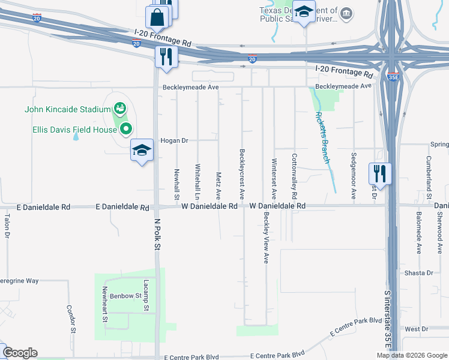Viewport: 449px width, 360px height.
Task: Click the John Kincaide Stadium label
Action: coord(67,109)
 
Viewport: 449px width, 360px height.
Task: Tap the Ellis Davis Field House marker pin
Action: coord(126,128)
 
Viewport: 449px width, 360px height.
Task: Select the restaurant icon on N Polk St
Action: coord(164,56)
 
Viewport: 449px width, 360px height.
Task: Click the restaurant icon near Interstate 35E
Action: coord(380,173)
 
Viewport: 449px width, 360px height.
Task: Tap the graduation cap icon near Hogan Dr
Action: coord(142,151)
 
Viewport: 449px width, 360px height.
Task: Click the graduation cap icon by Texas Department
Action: coord(304,13)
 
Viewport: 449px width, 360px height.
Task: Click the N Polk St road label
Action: coord(157,233)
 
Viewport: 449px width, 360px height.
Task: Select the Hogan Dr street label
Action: coord(175,140)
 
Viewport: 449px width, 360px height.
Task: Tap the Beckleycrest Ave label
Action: coord(242,174)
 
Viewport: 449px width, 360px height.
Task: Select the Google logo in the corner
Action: coord(20,353)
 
